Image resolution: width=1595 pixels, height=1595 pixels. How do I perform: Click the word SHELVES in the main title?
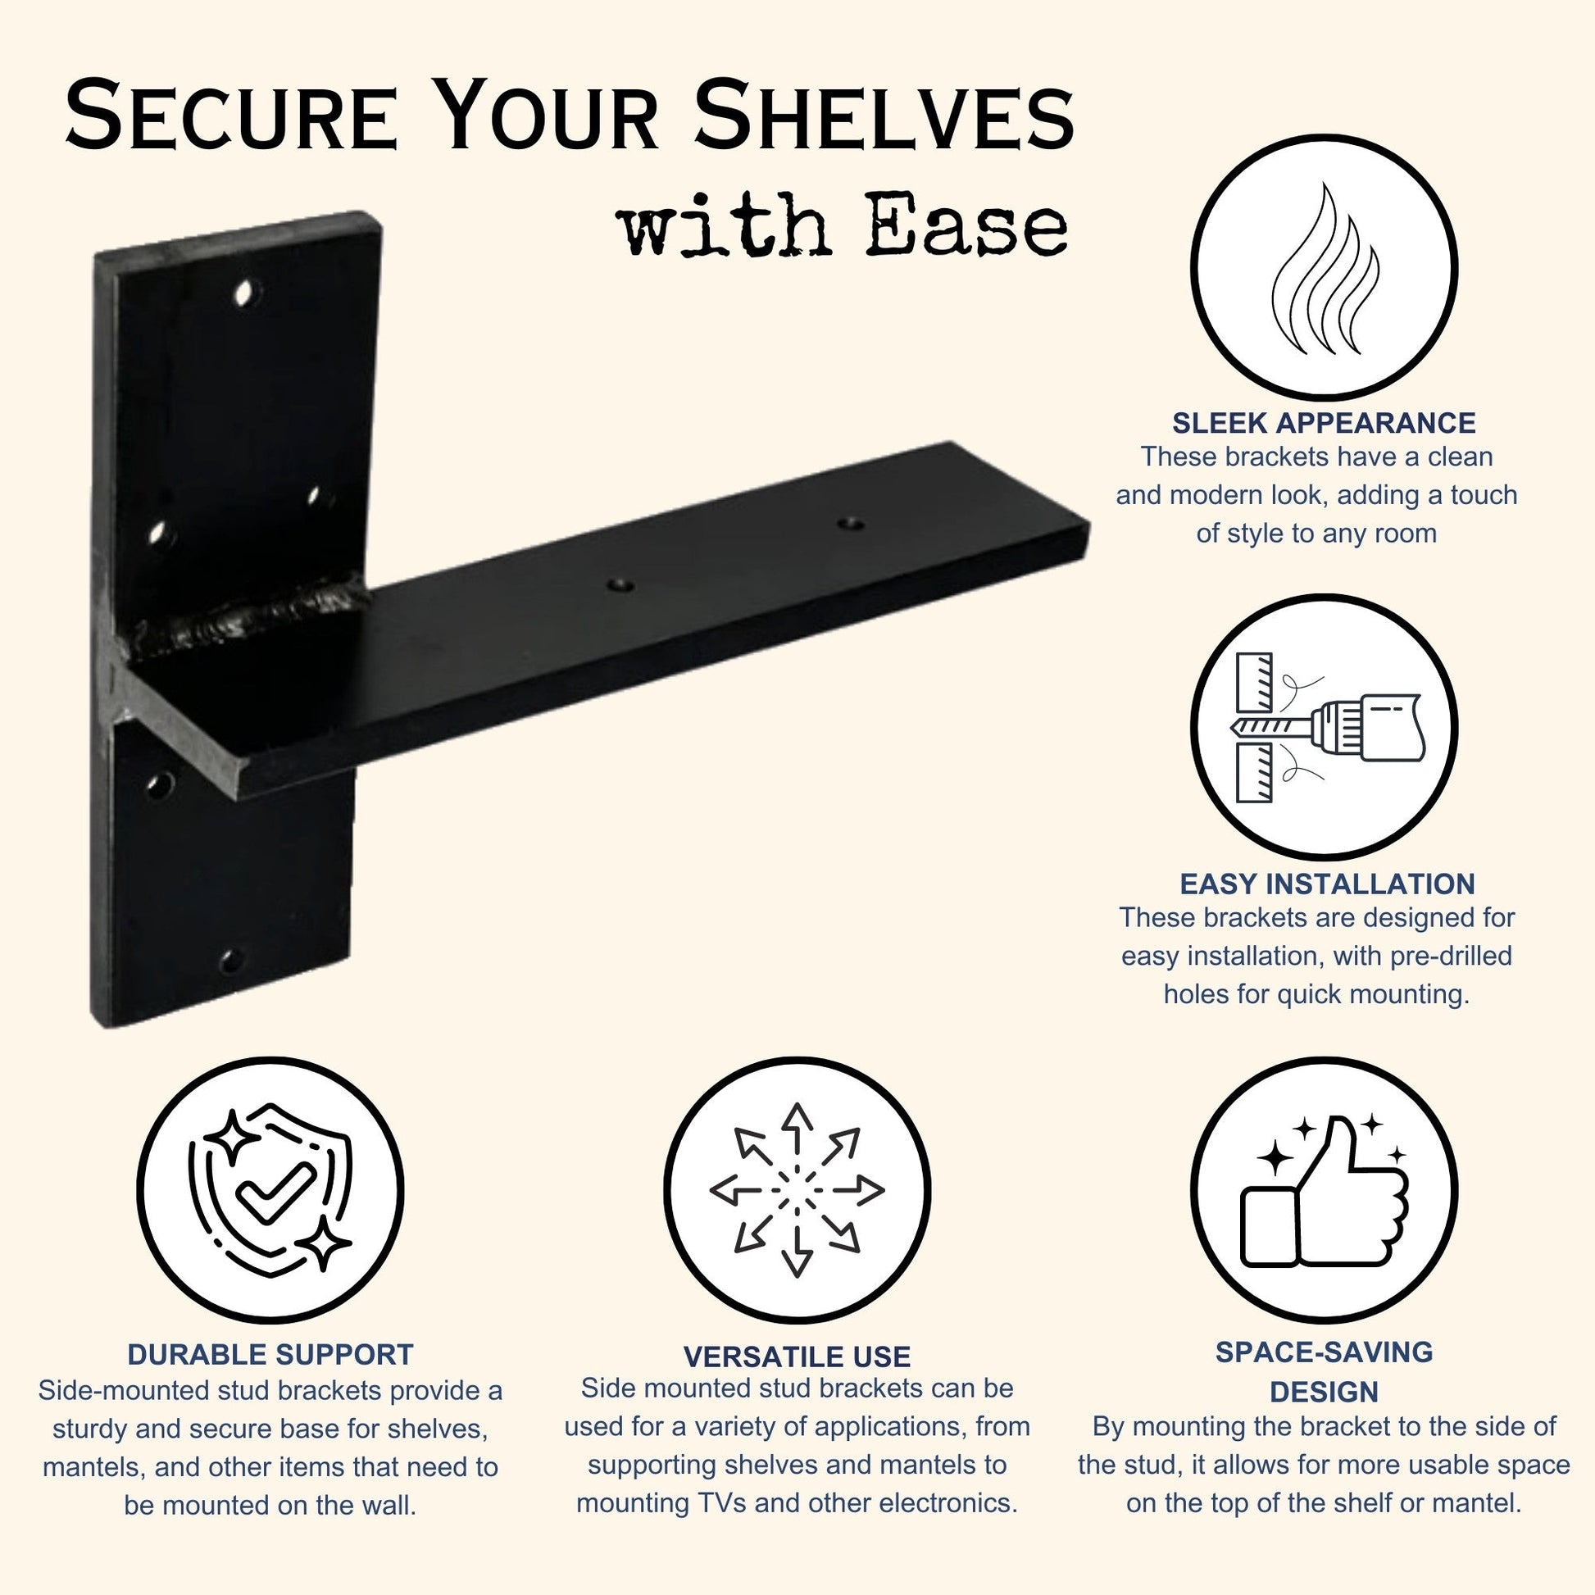pos(884,115)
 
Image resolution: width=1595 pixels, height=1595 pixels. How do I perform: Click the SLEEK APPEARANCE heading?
pos(1324,423)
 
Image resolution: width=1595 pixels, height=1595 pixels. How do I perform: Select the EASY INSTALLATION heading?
pos(1327,884)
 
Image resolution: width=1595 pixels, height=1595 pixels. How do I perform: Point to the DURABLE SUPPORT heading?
pos(270,1355)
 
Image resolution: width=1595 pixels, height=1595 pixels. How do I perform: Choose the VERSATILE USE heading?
pos(797,1356)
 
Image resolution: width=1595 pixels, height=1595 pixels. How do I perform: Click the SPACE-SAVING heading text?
pos(1324,1352)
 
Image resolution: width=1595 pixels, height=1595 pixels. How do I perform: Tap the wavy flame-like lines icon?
pos(1325,269)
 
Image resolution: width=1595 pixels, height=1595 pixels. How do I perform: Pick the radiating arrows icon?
pos(796,1190)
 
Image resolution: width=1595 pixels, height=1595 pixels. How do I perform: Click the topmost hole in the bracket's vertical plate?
pos(245,293)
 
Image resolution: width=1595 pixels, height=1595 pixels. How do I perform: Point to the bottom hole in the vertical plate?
pos(230,960)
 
